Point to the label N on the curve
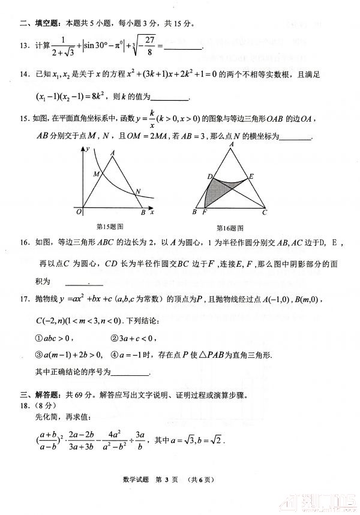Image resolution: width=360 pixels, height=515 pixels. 138,192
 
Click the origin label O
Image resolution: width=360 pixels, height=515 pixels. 79,212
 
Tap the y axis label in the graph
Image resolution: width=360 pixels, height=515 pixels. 88,148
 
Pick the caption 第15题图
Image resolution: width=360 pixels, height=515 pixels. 109,226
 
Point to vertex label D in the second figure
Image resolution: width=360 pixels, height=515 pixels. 209,176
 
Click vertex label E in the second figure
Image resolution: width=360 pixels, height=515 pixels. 251,176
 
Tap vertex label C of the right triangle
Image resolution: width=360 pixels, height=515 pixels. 265,212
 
